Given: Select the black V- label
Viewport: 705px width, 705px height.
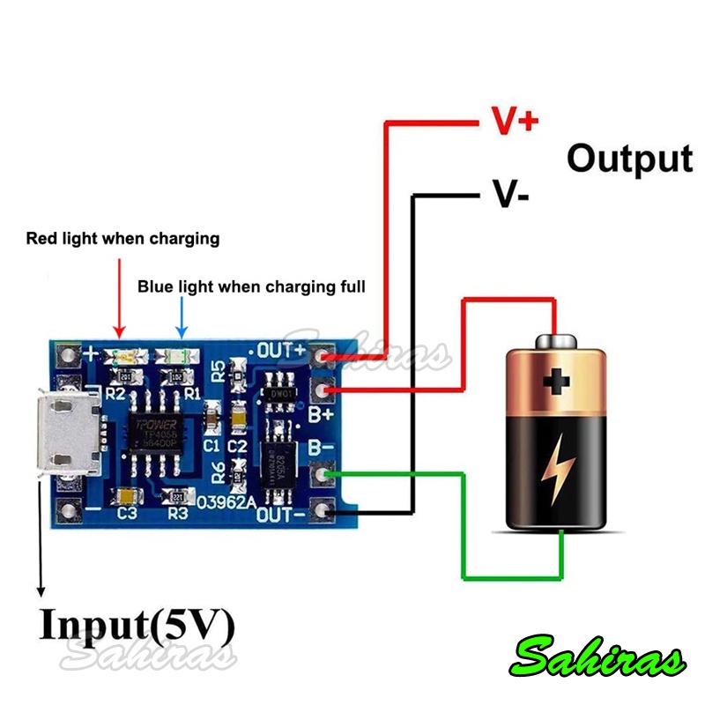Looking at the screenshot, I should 509,194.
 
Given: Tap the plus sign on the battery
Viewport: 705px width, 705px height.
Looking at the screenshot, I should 556,382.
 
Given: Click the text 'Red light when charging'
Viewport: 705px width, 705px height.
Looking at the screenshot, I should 122,238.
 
